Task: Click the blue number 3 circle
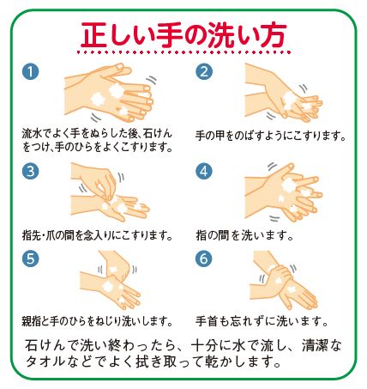click(32, 170)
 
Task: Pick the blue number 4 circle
click(204, 170)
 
